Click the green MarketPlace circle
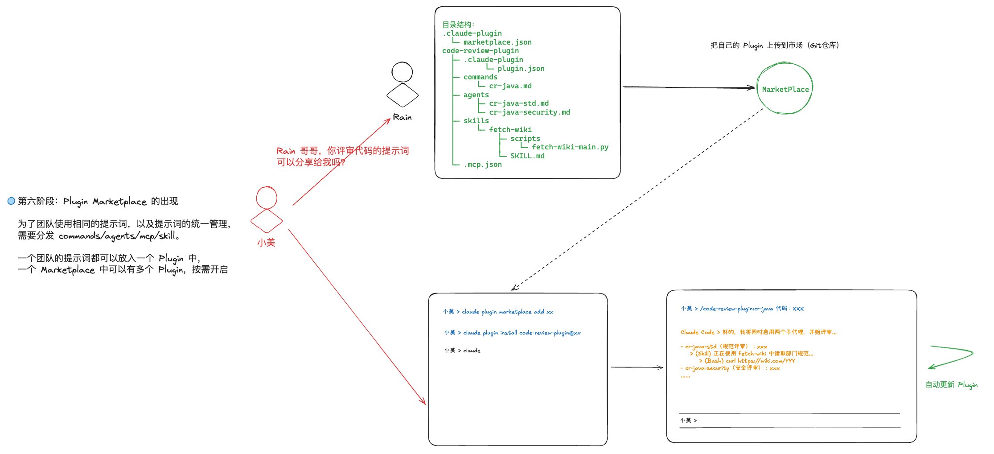point(785,89)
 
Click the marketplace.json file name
point(497,42)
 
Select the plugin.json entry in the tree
point(521,69)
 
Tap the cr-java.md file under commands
point(510,86)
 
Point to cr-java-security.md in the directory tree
point(529,112)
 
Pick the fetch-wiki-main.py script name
point(570,147)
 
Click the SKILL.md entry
point(527,156)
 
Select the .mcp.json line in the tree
point(483,165)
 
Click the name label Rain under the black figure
point(402,117)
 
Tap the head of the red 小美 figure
point(267,197)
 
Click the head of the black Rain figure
point(402,72)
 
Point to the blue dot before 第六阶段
point(12,201)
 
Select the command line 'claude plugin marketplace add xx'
point(507,312)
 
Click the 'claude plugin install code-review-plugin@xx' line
point(522,333)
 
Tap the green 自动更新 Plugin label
point(951,384)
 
